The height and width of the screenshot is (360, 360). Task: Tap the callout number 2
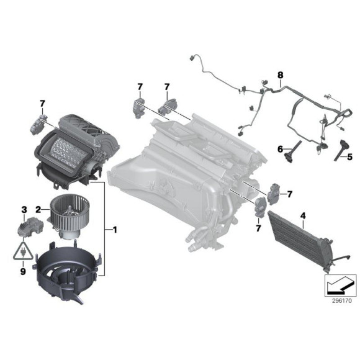(38, 209)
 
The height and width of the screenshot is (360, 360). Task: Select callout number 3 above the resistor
(24, 209)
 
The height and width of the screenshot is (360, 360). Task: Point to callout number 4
(303, 215)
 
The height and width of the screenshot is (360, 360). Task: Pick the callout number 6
(280, 148)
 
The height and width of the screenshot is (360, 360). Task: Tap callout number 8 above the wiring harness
(280, 75)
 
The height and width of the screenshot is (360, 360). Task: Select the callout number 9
(24, 271)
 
